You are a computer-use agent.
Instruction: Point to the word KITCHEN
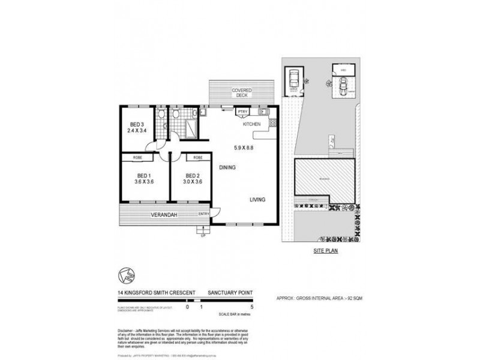(x=251, y=124)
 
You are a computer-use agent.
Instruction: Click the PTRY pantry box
(x=242, y=112)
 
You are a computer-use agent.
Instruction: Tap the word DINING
(x=227, y=167)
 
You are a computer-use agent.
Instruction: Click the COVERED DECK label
(x=242, y=93)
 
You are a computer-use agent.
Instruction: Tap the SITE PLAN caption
(x=325, y=252)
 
